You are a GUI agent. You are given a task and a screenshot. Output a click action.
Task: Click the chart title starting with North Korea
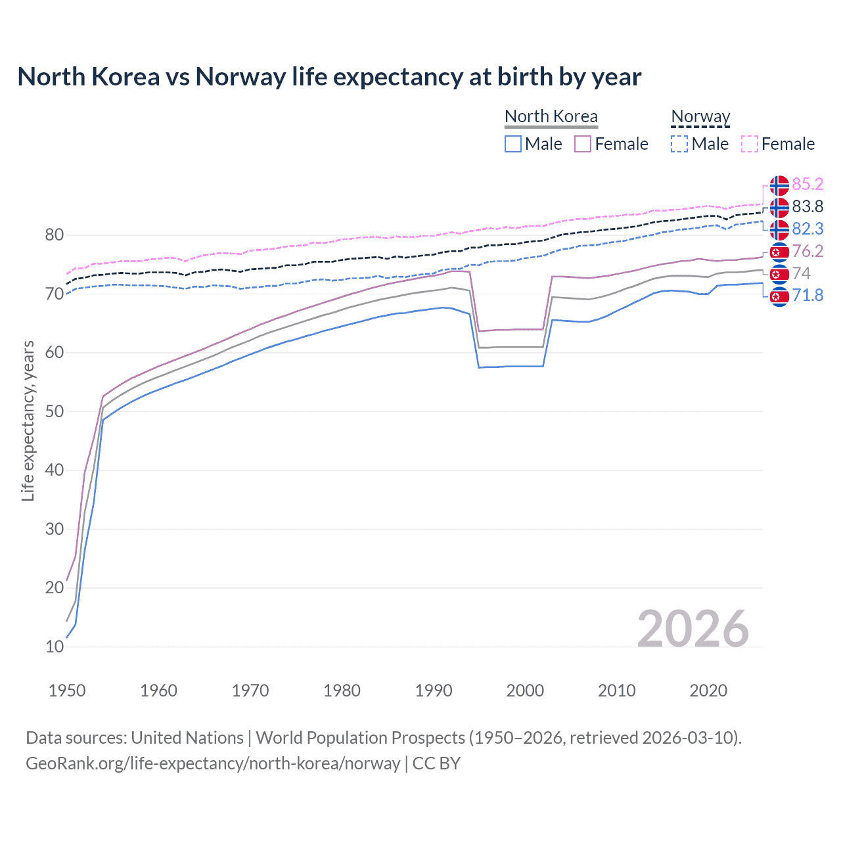click(329, 77)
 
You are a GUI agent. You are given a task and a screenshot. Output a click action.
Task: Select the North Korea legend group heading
click(551, 116)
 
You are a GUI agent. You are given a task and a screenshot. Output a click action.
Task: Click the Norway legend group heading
click(700, 116)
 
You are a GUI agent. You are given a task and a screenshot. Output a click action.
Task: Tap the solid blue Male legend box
click(513, 144)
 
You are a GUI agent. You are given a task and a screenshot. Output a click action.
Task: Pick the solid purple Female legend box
click(583, 144)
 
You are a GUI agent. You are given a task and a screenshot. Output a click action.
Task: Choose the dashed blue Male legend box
click(679, 144)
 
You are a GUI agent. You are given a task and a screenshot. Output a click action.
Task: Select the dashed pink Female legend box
click(749, 144)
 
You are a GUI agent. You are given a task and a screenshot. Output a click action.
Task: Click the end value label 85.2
click(807, 184)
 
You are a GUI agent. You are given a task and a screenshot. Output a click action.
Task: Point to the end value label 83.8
click(807, 206)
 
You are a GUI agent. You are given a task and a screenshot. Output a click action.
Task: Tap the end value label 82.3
click(807, 229)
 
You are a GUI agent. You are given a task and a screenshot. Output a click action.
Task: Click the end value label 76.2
click(807, 251)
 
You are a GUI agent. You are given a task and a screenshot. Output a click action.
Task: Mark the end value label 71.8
click(807, 295)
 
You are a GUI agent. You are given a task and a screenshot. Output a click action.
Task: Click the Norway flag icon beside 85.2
click(779, 185)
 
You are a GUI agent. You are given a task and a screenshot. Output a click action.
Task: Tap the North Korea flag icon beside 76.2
click(779, 252)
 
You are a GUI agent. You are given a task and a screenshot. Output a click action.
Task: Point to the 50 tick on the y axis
click(55, 411)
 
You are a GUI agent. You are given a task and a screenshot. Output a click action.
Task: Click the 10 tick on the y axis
click(55, 647)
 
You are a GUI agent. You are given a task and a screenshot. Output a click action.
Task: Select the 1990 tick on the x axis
click(434, 691)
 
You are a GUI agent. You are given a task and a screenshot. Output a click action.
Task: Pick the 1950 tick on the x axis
click(67, 691)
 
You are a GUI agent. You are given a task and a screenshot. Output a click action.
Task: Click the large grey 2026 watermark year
click(693, 629)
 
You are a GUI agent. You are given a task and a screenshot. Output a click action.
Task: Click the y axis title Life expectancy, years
click(28, 420)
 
